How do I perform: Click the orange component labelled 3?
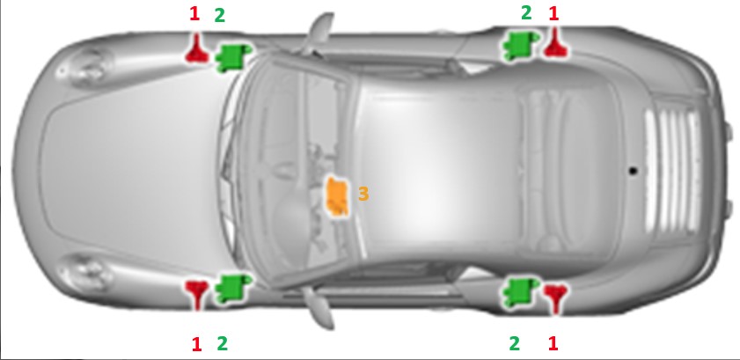pos(337,197)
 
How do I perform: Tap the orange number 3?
pos(363,194)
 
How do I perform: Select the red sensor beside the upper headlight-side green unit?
pos(196,49)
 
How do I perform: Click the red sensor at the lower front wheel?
pos(196,292)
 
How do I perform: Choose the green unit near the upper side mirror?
pos(232,56)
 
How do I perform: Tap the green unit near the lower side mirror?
pos(231,288)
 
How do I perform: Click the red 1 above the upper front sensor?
pos(194,14)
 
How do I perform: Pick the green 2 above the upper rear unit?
pos(526,12)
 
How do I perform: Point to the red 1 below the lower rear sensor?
pos(553,343)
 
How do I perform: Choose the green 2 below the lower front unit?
pos(222,343)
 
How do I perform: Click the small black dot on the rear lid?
pos(634,171)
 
